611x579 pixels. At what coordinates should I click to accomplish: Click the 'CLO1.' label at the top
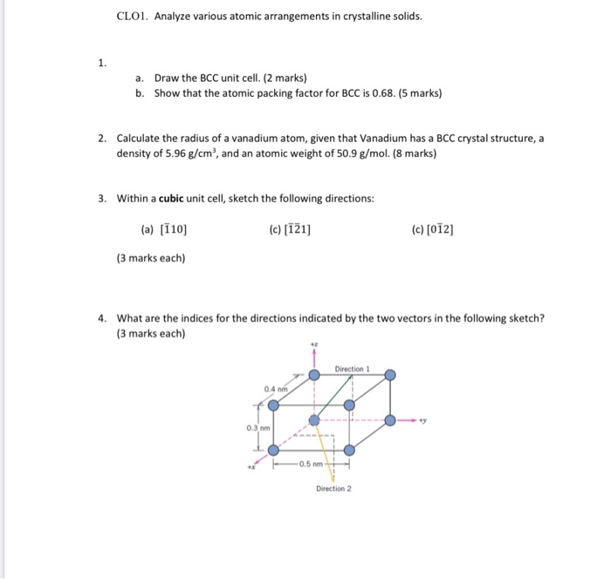(x=132, y=16)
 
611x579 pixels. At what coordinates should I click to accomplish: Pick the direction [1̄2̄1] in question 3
(x=298, y=230)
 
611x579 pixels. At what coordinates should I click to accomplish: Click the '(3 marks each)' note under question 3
(x=150, y=258)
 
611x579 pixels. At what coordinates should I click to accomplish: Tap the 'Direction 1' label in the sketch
(x=353, y=370)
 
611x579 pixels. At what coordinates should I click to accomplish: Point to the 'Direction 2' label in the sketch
(x=333, y=488)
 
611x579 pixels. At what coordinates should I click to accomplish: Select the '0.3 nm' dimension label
(x=256, y=427)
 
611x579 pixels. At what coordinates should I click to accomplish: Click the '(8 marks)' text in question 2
(x=409, y=153)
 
